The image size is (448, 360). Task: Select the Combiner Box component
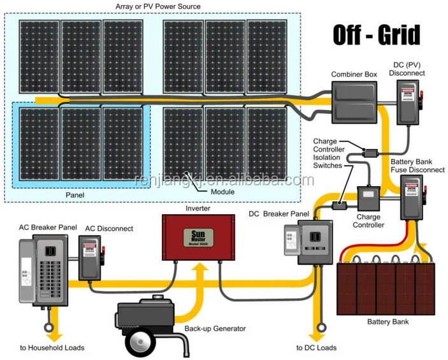coord(354,103)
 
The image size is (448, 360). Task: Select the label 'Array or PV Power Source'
coord(158,6)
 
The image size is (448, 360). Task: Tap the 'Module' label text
coord(222,191)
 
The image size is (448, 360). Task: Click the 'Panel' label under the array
coord(75,194)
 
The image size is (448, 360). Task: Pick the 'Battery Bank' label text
coord(388,322)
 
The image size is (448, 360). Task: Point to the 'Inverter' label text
coord(198,208)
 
